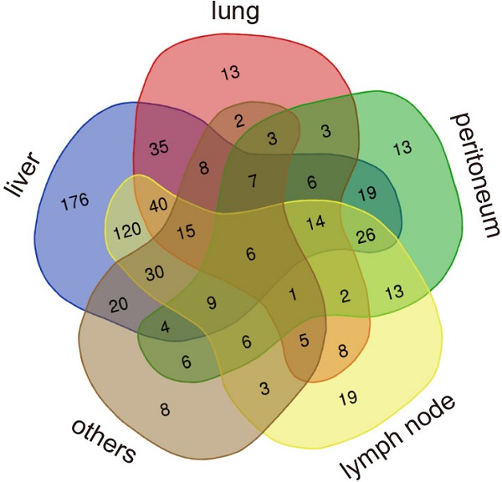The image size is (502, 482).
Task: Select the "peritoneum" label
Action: tap(469, 175)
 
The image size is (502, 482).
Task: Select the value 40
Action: tap(159, 204)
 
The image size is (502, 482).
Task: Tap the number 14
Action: tap(315, 223)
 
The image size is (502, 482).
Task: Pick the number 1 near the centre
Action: tap(292, 294)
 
